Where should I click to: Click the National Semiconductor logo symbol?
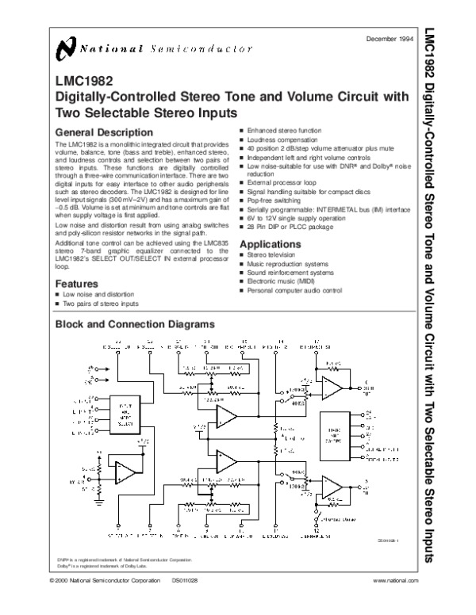[66, 50]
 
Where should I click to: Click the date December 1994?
[390, 39]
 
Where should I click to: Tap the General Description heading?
[102, 132]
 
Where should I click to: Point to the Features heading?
[76, 283]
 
